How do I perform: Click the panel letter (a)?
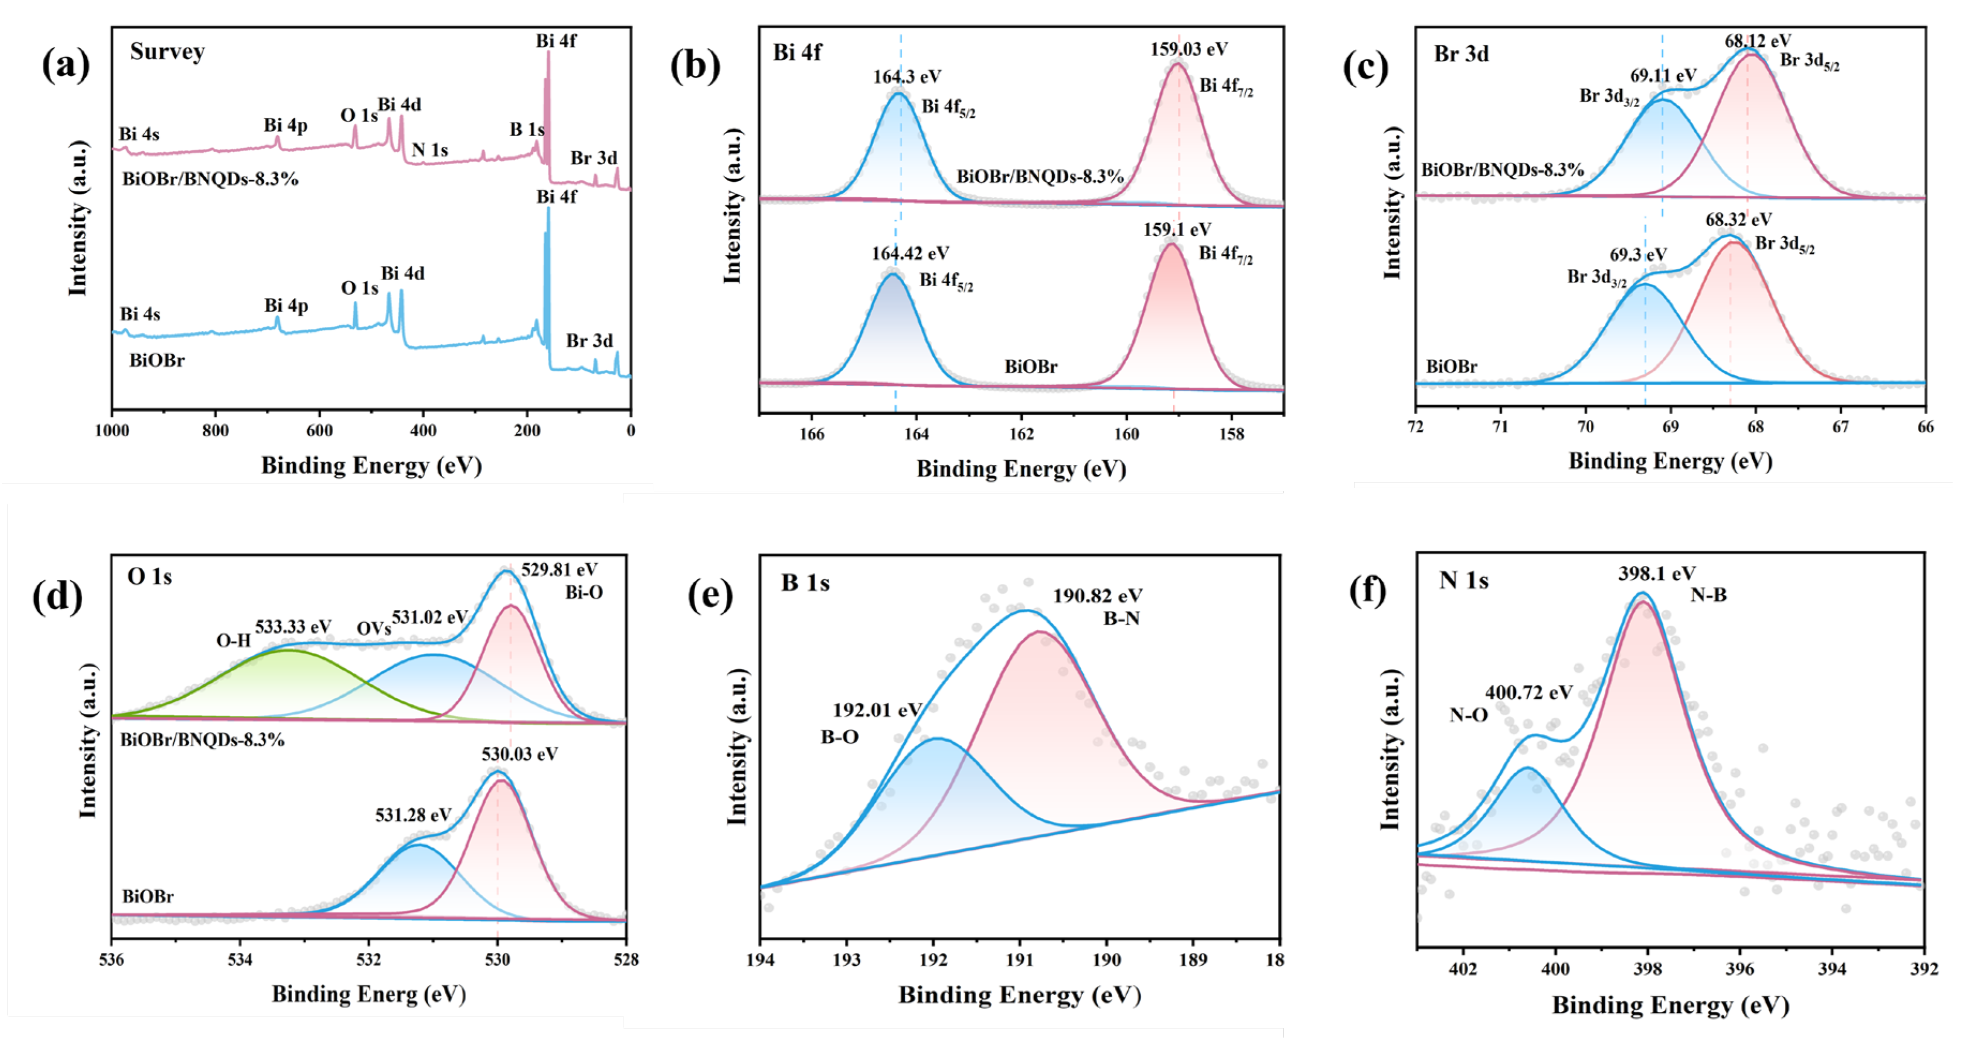(65, 64)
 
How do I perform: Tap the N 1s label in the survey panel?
(429, 150)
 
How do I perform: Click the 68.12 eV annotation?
(1758, 40)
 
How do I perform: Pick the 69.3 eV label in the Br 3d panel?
(1637, 255)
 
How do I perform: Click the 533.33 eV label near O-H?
(293, 627)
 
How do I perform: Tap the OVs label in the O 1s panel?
(373, 629)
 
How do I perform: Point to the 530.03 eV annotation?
(519, 754)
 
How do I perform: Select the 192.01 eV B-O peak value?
(876, 710)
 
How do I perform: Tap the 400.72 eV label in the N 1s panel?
(1528, 693)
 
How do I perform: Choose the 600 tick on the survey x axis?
(319, 431)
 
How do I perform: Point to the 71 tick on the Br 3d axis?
(1500, 427)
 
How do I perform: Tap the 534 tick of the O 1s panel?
(240, 960)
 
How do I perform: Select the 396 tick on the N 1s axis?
(1739, 969)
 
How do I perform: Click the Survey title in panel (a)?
(167, 52)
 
